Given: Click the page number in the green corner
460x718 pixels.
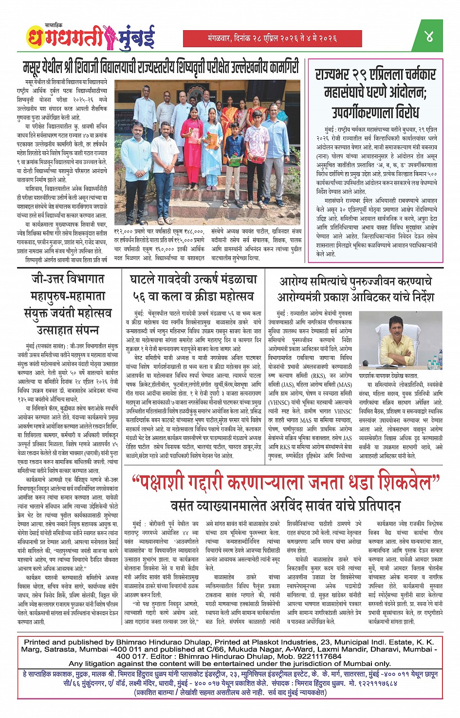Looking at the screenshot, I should point(429,36).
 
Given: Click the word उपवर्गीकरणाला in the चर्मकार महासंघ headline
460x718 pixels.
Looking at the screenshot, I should point(375,112).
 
